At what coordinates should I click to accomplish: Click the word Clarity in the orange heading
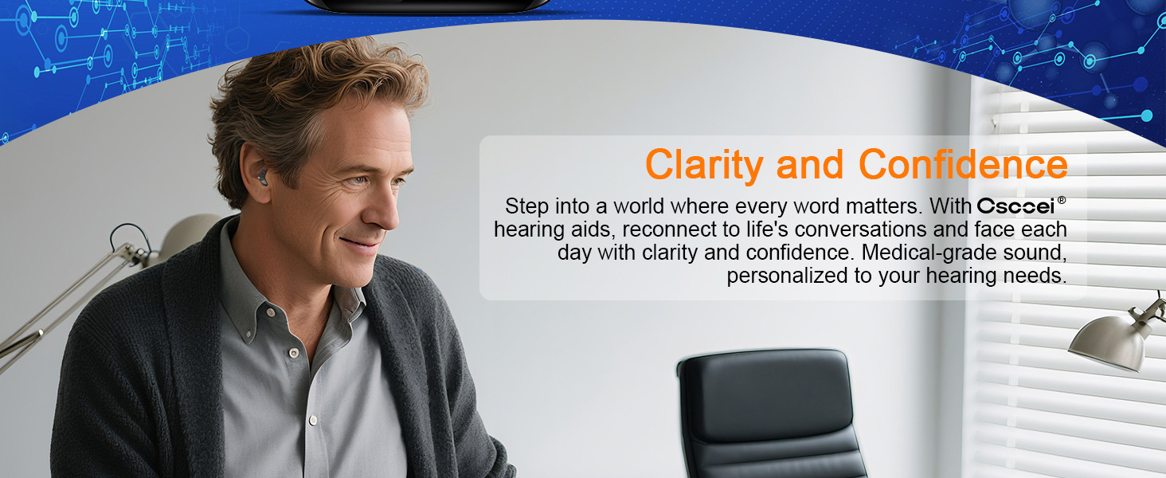pos(704,166)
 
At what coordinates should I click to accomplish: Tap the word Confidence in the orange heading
pos(963,165)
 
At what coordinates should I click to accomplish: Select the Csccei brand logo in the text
pos(1015,206)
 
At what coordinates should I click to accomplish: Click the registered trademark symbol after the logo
pos(1062,200)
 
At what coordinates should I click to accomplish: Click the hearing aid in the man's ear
pos(262,177)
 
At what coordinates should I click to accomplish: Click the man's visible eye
pos(359,181)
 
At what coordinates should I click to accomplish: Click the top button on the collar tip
pos(271,312)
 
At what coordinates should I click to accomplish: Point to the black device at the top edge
pos(427,6)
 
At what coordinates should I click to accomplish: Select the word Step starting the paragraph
pos(526,207)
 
